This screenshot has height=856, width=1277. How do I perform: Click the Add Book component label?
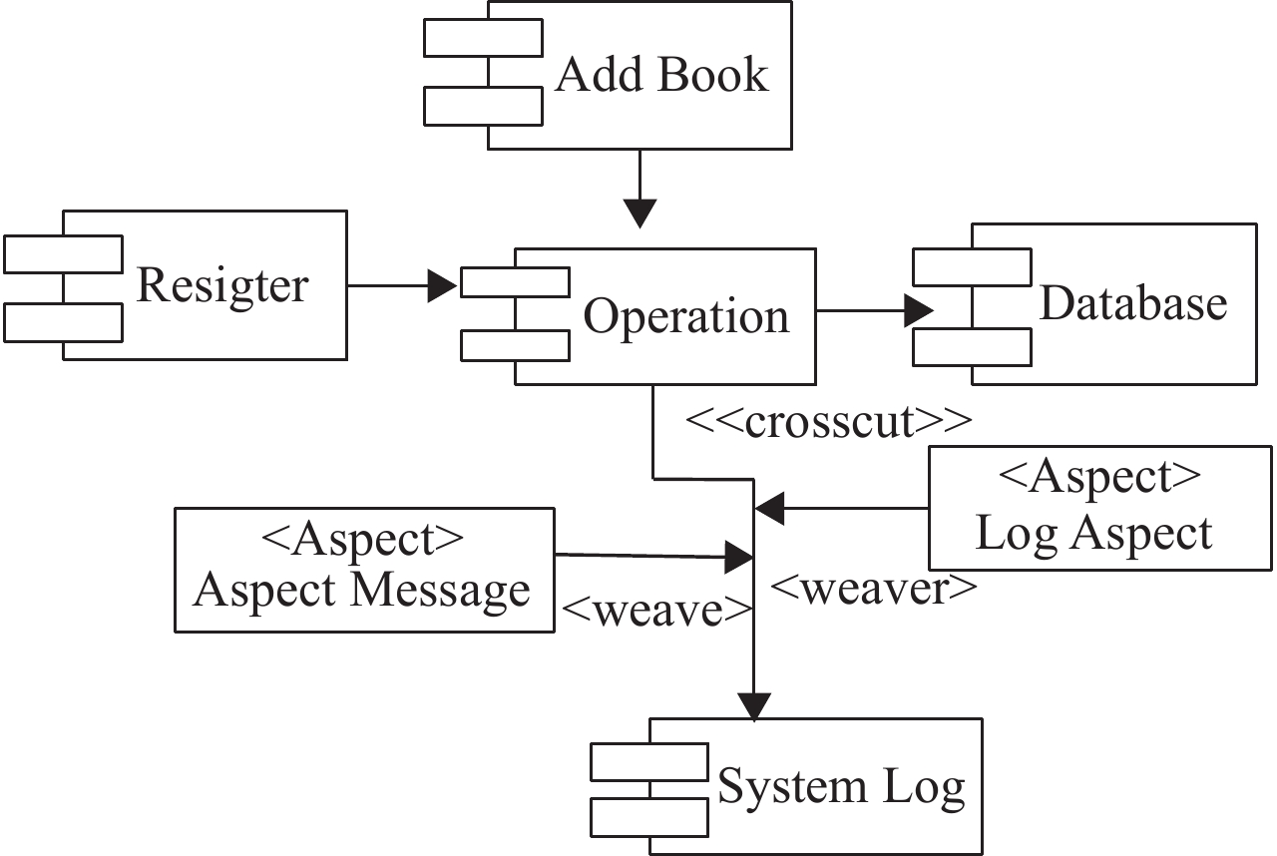(x=661, y=75)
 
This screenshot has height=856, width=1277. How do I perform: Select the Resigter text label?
(x=222, y=286)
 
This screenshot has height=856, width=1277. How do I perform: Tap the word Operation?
(x=686, y=317)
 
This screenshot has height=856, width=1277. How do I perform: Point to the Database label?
(x=1133, y=303)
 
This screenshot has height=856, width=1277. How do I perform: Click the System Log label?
(x=842, y=787)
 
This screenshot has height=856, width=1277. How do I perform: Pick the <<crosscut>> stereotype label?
(x=828, y=423)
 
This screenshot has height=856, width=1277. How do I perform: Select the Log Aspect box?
(x=1093, y=508)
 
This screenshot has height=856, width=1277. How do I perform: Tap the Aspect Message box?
(x=363, y=569)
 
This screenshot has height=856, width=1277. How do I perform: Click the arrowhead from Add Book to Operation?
(x=639, y=214)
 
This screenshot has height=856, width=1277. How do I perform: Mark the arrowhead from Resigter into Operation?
(x=443, y=286)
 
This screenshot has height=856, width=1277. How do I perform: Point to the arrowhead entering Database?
(x=919, y=310)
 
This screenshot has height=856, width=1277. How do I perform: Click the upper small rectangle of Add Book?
(x=483, y=38)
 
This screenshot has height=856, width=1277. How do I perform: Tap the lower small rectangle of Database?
(x=972, y=347)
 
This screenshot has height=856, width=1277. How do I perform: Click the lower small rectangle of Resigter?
(x=63, y=322)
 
